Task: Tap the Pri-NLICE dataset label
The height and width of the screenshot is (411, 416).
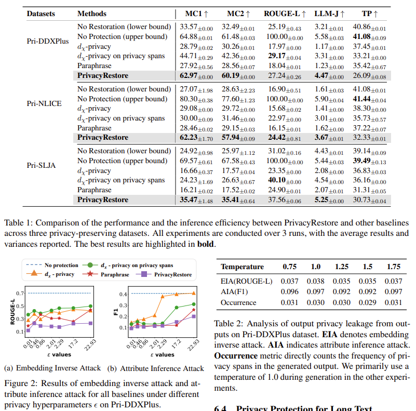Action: pyautogui.click(x=44, y=103)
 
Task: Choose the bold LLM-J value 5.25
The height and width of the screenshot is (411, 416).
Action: pyautogui.click(x=326, y=200)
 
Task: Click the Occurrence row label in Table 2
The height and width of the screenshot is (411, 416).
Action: pyautogui.click(x=238, y=302)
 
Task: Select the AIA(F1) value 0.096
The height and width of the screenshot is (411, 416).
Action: pyautogui.click(x=289, y=291)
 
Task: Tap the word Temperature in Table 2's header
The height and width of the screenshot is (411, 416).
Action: pyautogui.click(x=242, y=267)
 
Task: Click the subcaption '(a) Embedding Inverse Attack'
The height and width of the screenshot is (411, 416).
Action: pyautogui.click(x=52, y=368)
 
